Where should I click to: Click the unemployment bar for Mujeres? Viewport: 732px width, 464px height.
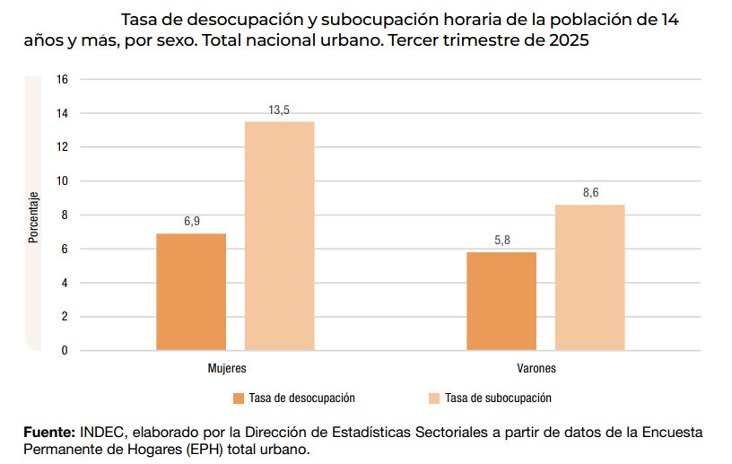(191, 292)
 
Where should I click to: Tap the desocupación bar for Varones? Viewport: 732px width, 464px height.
(501, 301)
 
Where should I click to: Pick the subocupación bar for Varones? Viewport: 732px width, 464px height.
(589, 277)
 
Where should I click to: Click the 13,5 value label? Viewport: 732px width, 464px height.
(279, 109)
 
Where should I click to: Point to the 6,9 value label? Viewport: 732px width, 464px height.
(191, 222)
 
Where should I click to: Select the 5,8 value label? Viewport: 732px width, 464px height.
(501, 241)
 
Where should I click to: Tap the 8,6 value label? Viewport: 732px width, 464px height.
(589, 193)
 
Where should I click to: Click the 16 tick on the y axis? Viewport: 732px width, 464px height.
(62, 79)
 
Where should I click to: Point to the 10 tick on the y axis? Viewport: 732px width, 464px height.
(62, 181)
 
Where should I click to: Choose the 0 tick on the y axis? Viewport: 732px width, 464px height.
(65, 351)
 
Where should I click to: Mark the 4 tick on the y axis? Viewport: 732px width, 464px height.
(65, 283)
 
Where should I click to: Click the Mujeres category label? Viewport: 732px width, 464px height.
(227, 369)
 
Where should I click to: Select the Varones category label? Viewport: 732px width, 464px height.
(536, 369)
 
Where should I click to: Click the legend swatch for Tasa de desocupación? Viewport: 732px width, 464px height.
(238, 398)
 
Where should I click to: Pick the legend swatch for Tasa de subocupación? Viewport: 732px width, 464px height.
(434, 398)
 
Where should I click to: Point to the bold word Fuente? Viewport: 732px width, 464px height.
(48, 433)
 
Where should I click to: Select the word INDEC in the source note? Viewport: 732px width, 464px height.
(100, 433)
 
